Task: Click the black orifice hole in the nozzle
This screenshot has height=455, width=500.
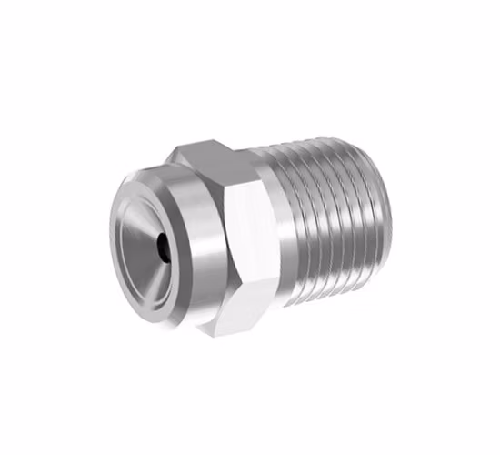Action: [x=161, y=244]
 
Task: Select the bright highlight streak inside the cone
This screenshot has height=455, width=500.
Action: [x=136, y=227]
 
